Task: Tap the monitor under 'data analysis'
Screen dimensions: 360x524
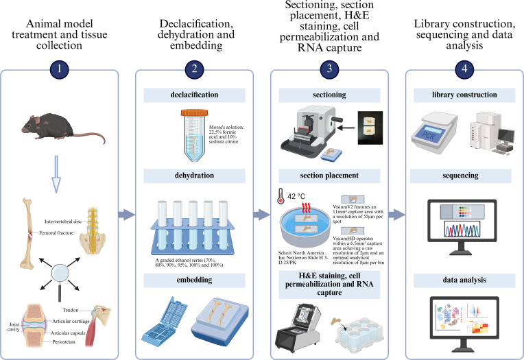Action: (x=459, y=318)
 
